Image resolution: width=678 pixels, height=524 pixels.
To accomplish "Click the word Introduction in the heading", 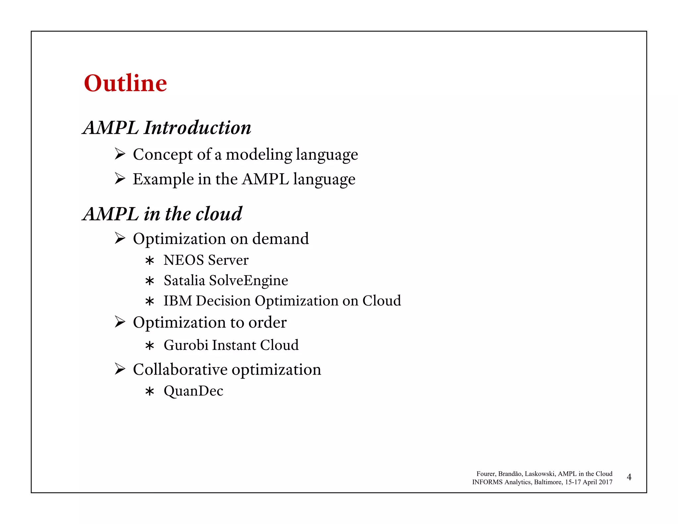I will pyautogui.click(x=197, y=128).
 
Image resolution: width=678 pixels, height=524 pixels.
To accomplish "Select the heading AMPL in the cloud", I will pyautogui.click(x=162, y=214).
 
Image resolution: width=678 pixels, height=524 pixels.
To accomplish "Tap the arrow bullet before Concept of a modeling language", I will pyautogui.click(x=120, y=154).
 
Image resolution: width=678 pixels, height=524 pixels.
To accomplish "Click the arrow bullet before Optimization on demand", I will pyautogui.click(x=120, y=238).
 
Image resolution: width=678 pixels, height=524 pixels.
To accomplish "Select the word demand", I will pyautogui.click(x=280, y=239).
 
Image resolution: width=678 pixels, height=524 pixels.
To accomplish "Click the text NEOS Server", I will pyautogui.click(x=206, y=260).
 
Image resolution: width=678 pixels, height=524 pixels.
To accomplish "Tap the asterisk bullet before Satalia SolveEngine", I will pyautogui.click(x=150, y=281).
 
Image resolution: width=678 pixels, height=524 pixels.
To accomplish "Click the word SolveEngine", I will pyautogui.click(x=249, y=281).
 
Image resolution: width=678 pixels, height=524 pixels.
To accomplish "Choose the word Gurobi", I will pyautogui.click(x=186, y=345).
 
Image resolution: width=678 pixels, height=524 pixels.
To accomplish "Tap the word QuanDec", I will pyautogui.click(x=193, y=391).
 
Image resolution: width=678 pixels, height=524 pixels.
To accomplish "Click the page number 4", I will pyautogui.click(x=629, y=477).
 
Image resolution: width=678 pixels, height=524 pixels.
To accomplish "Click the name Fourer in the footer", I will pyautogui.click(x=486, y=474).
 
